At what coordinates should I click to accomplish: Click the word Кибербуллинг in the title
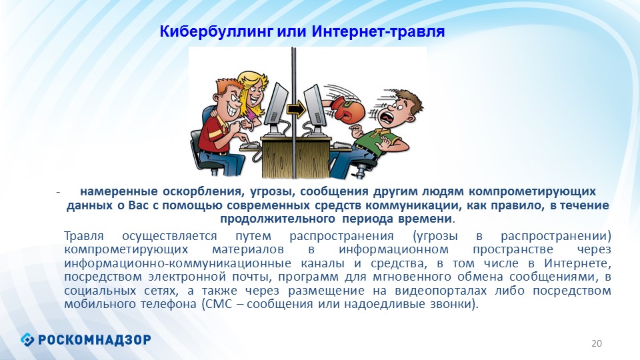tap(216, 32)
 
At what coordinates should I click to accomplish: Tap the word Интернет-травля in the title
tap(379, 31)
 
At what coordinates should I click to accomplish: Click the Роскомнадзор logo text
tap(94, 339)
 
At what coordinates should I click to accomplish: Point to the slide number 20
tap(597, 343)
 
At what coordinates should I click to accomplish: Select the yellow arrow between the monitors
tap(295, 109)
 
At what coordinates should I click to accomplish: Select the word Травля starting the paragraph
tap(84, 236)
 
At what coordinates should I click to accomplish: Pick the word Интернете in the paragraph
tap(577, 263)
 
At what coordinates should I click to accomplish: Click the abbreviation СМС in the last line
tap(217, 304)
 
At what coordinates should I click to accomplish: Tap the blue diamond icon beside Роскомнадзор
tap(27, 339)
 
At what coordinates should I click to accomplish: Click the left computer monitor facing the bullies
tap(276, 105)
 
